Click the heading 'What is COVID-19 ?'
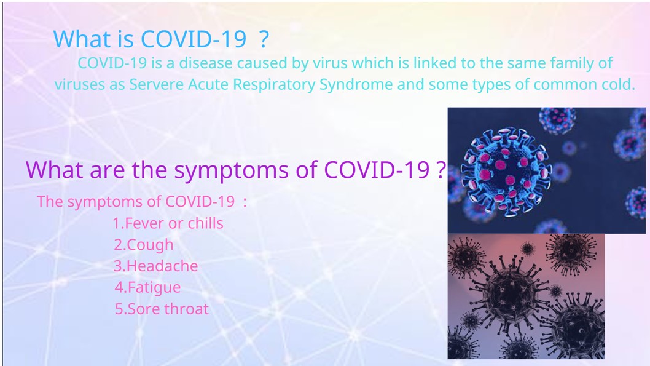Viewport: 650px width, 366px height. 161,39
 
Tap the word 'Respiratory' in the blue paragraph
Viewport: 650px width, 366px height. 274,85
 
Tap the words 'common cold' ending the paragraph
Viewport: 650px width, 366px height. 584,85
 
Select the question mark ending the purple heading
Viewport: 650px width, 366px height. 442,169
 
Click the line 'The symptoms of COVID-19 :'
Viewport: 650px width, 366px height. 142,202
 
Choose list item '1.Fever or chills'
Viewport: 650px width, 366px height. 168,223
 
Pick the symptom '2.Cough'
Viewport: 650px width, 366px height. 143,245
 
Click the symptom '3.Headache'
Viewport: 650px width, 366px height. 155,266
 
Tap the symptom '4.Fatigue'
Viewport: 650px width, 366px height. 147,288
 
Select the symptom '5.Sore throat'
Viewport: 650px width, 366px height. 162,309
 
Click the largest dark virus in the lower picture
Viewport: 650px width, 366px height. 511,290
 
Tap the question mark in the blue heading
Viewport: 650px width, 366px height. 264,39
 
